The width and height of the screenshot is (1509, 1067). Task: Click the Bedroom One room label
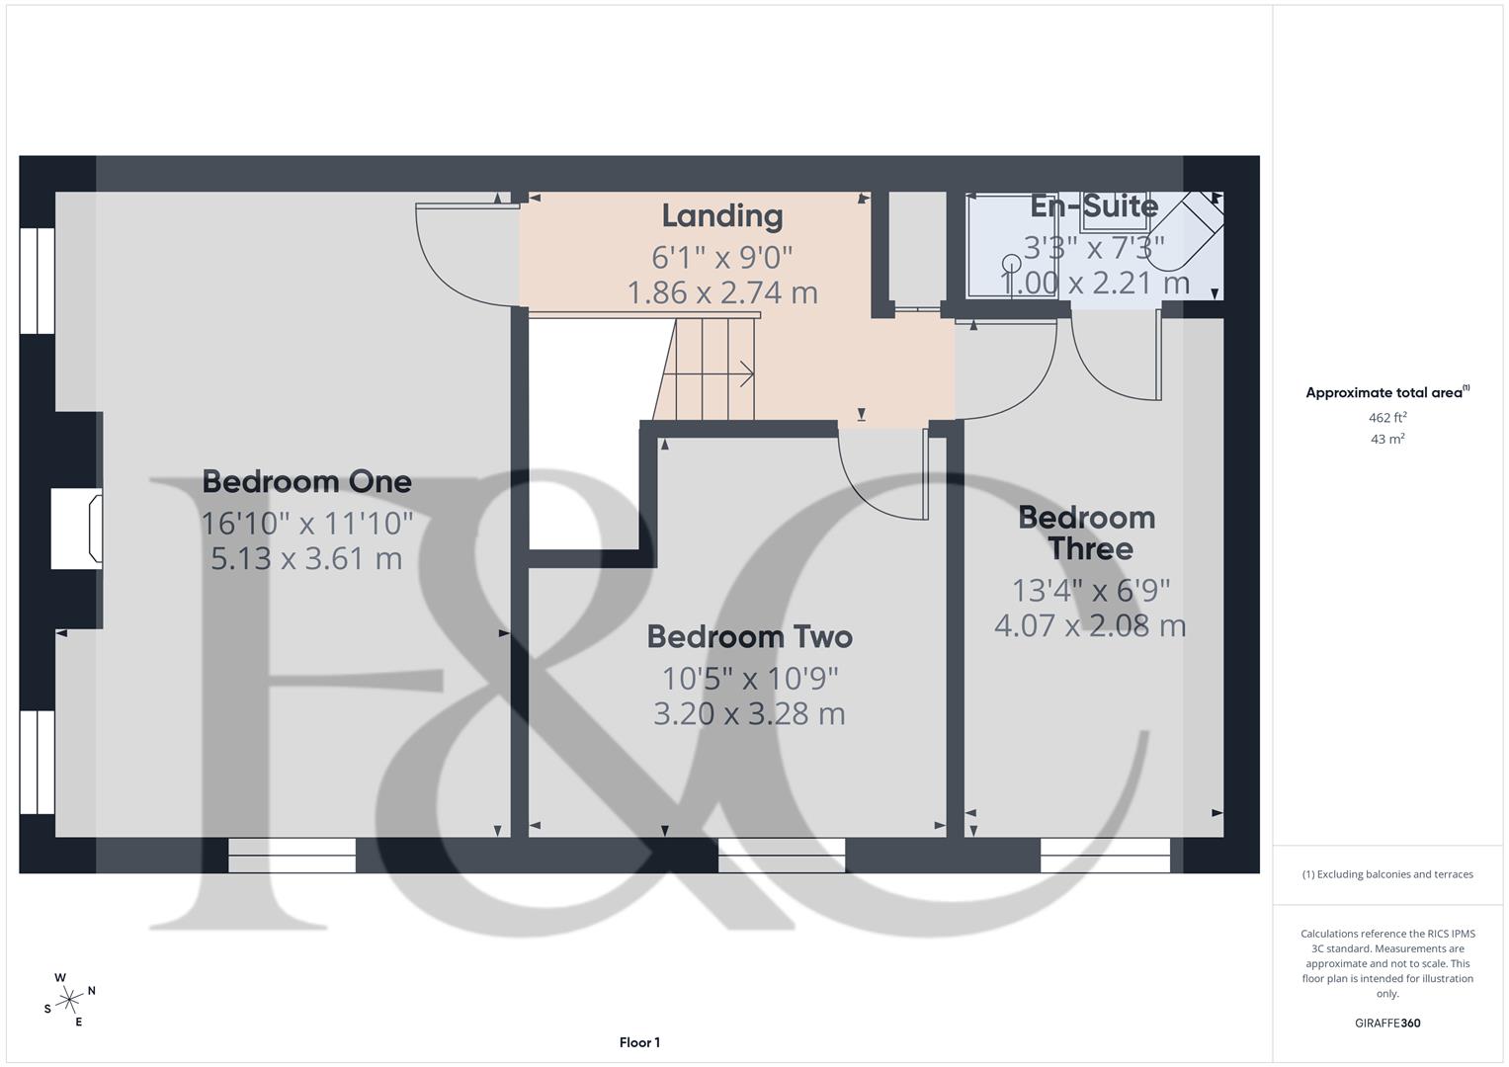[x=306, y=482]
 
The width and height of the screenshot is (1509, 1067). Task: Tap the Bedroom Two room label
[x=749, y=637]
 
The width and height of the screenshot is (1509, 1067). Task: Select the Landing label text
[x=722, y=215]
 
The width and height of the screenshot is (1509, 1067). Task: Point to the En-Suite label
[x=1094, y=206]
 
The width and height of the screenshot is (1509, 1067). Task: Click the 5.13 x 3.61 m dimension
[x=306, y=558]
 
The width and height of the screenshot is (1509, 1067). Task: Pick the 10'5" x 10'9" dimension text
[x=749, y=679]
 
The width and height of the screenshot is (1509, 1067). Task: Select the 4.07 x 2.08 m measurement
[x=1090, y=625]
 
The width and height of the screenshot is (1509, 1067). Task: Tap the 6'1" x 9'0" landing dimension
[x=722, y=257]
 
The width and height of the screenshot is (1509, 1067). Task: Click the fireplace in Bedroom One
[x=77, y=529]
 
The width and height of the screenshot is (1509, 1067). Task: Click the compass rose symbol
[x=69, y=1000]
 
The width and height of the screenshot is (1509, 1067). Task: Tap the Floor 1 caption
[x=639, y=1042]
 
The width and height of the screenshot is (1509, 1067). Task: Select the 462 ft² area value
[x=1387, y=418]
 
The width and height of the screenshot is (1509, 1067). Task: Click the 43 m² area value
[x=1387, y=440]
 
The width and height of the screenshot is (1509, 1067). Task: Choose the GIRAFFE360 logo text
[x=1387, y=1023]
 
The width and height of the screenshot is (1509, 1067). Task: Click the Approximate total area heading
[x=1386, y=393]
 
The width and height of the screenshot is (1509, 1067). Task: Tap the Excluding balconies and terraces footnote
[x=1387, y=874]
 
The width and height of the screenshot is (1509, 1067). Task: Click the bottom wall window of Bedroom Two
[x=782, y=855]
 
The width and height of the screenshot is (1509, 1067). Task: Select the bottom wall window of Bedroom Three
[x=1105, y=855]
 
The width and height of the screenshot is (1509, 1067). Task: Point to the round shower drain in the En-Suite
[x=1011, y=263]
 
